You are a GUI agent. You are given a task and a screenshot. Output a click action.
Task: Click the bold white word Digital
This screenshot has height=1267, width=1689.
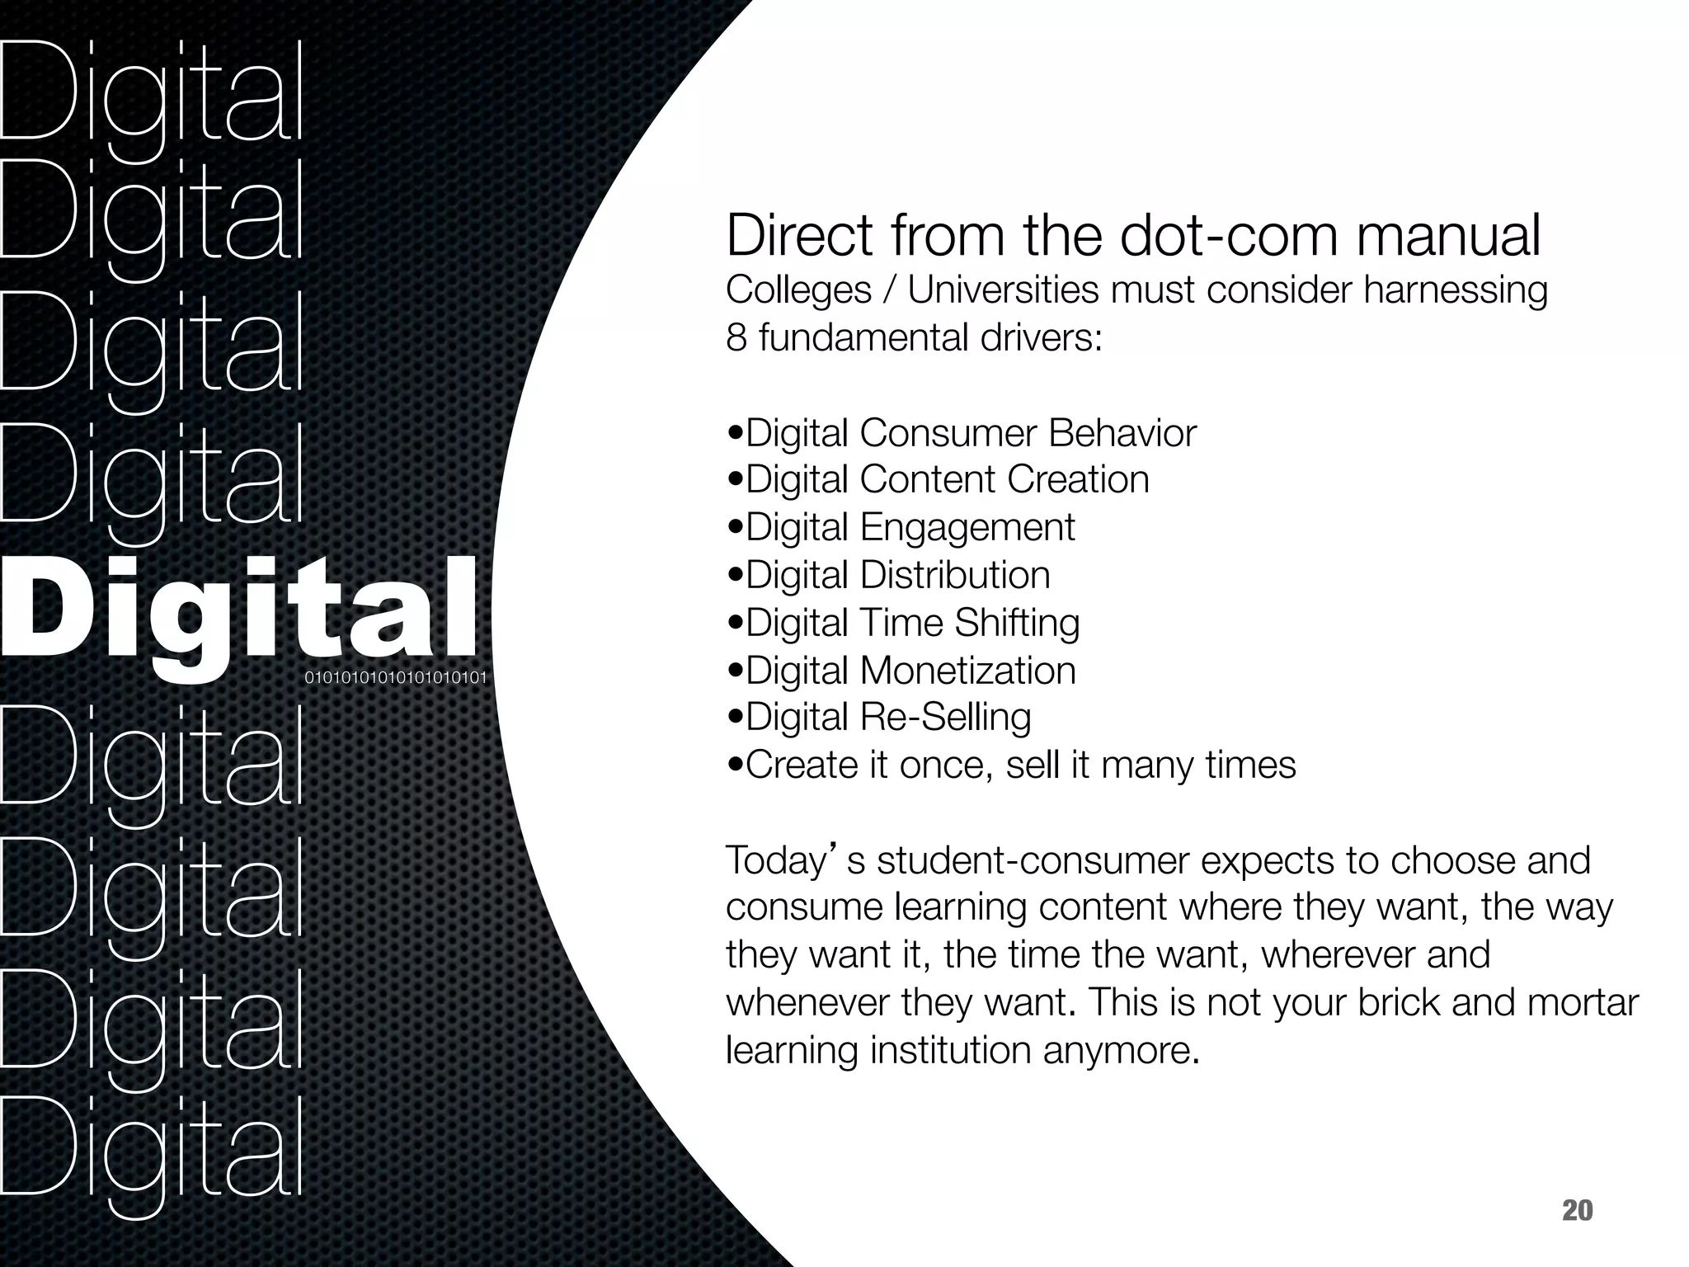point(239,610)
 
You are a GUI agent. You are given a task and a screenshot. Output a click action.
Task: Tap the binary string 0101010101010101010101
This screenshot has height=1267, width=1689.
point(396,679)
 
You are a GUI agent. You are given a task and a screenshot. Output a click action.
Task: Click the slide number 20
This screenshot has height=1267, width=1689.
point(1577,1211)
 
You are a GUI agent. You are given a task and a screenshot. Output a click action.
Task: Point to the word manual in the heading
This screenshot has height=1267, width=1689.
point(1448,236)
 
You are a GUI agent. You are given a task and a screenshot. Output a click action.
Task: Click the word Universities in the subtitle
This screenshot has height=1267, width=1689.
point(1003,290)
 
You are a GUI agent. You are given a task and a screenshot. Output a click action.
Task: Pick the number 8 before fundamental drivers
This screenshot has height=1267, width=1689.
point(736,337)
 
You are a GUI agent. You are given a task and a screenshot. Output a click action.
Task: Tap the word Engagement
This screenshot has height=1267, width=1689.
point(967,528)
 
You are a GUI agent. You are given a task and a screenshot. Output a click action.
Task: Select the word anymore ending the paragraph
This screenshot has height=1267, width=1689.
point(1120,1051)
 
